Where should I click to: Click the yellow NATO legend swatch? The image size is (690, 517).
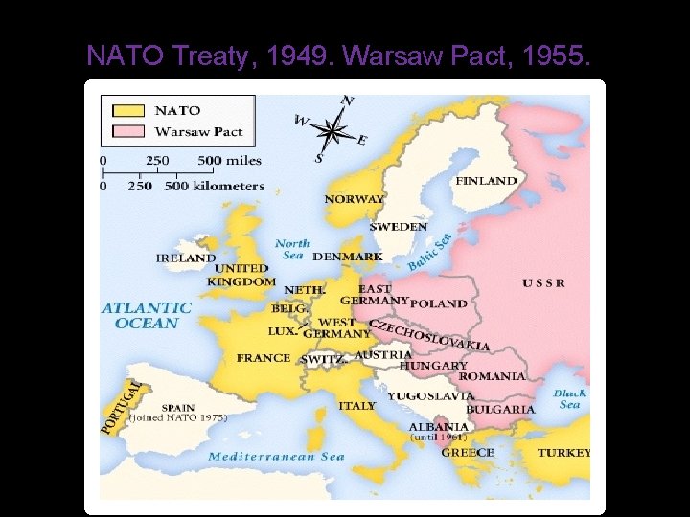[127, 110]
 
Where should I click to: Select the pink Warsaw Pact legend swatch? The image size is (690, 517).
[127, 131]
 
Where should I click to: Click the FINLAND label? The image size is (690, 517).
[486, 181]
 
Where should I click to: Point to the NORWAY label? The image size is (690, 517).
[355, 199]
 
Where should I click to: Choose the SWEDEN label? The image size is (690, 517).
[399, 227]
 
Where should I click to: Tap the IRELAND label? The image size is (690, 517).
[186, 258]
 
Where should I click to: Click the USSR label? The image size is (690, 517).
[543, 282]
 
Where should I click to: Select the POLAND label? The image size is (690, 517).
[439, 303]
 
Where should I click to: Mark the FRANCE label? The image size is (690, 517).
[263, 358]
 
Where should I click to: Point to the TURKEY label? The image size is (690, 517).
[563, 452]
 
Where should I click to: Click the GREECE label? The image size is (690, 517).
[468, 452]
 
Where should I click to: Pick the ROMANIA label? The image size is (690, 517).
[492, 376]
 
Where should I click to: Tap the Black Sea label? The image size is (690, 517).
[569, 398]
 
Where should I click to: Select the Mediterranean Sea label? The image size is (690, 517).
[277, 457]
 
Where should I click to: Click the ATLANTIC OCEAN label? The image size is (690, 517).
[147, 315]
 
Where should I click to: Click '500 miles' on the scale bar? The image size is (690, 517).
[229, 160]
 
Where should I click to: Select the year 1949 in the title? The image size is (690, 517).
[297, 56]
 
